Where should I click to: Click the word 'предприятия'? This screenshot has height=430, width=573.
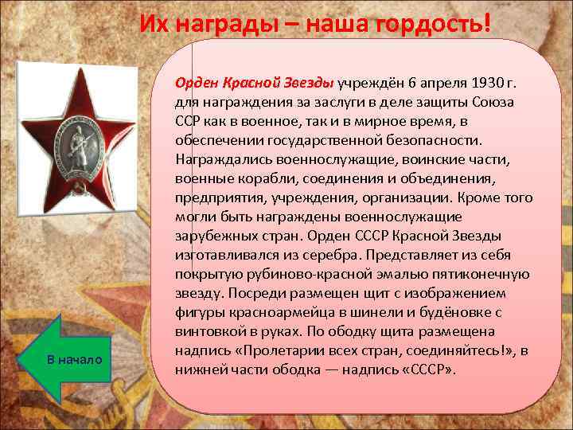point(216,198)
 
